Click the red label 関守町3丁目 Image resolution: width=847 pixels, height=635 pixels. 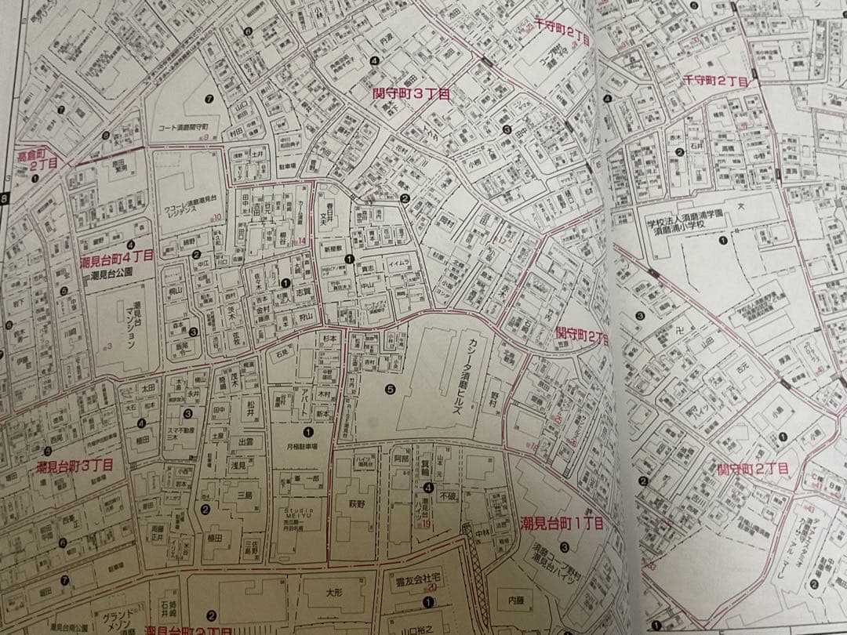(x=411, y=93)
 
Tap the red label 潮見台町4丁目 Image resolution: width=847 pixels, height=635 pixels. (x=117, y=256)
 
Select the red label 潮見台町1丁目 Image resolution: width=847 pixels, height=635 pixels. (x=561, y=523)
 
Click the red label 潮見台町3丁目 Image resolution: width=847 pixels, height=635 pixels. (x=75, y=466)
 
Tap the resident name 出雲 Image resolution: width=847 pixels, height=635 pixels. (x=245, y=442)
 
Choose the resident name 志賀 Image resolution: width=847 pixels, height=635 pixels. (x=303, y=290)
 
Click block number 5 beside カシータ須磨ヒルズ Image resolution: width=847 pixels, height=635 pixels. (x=390, y=388)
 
